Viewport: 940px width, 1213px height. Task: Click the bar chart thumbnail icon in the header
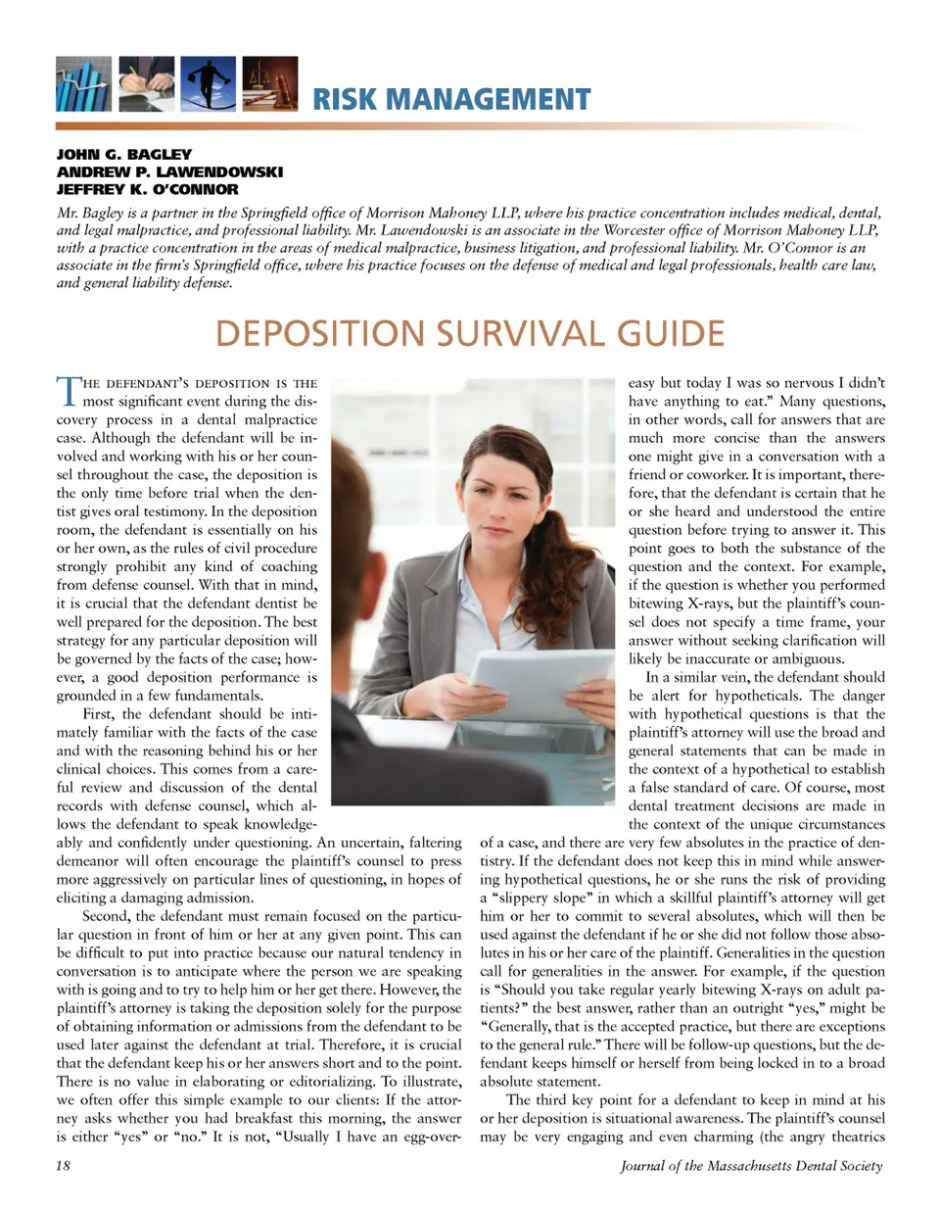coord(83,84)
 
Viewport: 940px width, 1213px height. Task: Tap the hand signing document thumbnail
coord(146,84)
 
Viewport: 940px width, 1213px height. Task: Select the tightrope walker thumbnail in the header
coord(208,84)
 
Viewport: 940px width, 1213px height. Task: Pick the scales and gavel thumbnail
coord(269,84)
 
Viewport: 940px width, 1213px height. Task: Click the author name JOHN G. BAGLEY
coord(124,154)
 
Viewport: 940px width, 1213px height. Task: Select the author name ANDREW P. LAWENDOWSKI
coord(169,171)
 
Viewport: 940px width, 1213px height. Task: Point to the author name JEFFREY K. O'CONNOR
coord(147,189)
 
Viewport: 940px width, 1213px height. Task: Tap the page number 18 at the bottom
coord(64,1166)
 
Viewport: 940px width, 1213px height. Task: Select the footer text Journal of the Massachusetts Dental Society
coord(751,1166)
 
